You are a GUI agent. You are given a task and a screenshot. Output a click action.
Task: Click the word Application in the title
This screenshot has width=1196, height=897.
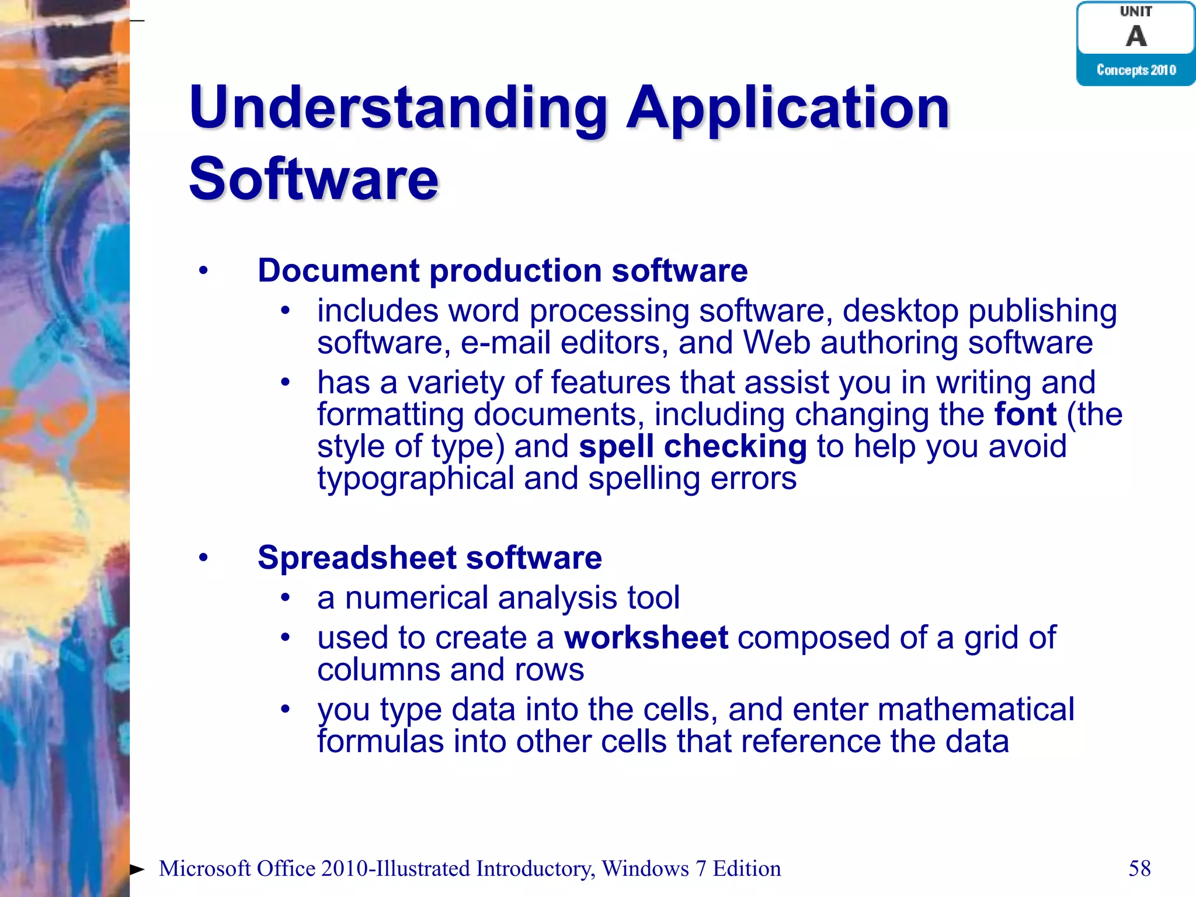click(x=788, y=108)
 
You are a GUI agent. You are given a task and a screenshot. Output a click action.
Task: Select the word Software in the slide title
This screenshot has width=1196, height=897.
click(x=314, y=179)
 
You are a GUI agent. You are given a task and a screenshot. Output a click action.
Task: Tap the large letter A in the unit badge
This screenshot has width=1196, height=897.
click(x=1136, y=36)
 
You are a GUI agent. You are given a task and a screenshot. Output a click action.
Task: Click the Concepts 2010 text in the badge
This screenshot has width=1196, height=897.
click(x=1136, y=70)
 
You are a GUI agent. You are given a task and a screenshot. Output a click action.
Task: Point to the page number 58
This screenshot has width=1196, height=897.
click(x=1139, y=868)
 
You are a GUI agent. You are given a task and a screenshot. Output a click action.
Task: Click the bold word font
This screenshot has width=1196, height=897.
click(x=1025, y=415)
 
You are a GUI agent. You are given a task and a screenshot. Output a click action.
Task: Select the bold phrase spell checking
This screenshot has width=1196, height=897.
click(x=693, y=447)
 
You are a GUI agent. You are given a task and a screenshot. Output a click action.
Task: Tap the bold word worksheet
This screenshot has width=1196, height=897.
click(x=646, y=638)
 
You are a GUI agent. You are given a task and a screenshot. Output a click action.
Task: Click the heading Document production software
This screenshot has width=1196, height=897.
click(x=502, y=271)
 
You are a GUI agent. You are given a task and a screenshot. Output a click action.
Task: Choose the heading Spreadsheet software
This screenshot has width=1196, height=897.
click(x=429, y=558)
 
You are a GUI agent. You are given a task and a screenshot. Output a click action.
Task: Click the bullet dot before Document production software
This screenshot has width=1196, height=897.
click(x=203, y=271)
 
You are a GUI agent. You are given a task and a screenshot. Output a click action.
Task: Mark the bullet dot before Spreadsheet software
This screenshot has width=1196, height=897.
click(x=203, y=558)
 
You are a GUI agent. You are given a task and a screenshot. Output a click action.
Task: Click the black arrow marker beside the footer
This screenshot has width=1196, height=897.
click(x=137, y=870)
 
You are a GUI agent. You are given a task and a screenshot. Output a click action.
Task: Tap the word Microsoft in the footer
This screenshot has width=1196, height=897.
click(x=204, y=869)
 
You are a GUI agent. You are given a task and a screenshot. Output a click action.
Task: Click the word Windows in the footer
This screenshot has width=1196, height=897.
click(x=645, y=869)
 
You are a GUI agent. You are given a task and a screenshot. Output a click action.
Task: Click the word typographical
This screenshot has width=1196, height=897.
click(x=415, y=479)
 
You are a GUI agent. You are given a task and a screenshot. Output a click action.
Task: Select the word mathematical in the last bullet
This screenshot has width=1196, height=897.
click(x=975, y=710)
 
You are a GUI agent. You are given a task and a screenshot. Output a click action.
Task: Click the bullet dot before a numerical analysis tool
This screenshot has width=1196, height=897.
click(x=285, y=597)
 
